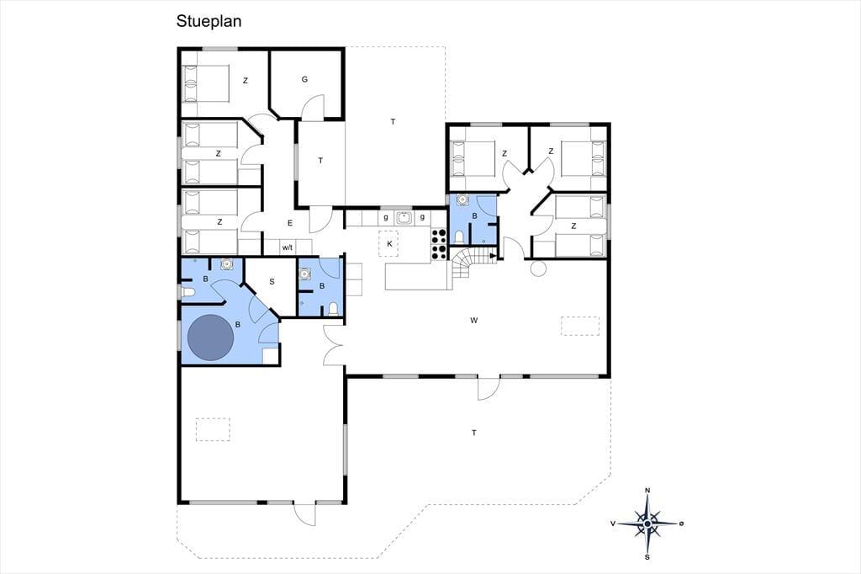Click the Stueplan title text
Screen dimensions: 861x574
[x=209, y=21]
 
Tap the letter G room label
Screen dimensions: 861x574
[x=304, y=79]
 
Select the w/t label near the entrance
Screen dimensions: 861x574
[x=288, y=247]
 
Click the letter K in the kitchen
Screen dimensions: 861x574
[x=390, y=243]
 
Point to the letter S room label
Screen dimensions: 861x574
[x=272, y=281]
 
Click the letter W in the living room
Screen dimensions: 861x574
[x=473, y=320]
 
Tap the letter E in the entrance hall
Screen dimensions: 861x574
[x=290, y=223]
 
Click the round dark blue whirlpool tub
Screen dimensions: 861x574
[x=211, y=337]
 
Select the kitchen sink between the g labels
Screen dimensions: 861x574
[x=404, y=218]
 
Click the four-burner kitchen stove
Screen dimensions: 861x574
[x=439, y=243]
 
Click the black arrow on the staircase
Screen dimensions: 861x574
[x=494, y=256]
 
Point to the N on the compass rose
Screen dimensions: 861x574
[x=647, y=491]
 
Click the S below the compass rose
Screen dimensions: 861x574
[x=647, y=557]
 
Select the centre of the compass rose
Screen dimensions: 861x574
[x=647, y=524]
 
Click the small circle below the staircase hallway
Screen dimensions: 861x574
[x=538, y=268]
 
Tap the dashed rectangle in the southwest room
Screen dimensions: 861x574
[x=213, y=429]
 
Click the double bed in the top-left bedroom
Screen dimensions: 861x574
[x=205, y=83]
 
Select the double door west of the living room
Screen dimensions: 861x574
[x=333, y=345]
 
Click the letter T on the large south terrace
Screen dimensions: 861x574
[x=474, y=433]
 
